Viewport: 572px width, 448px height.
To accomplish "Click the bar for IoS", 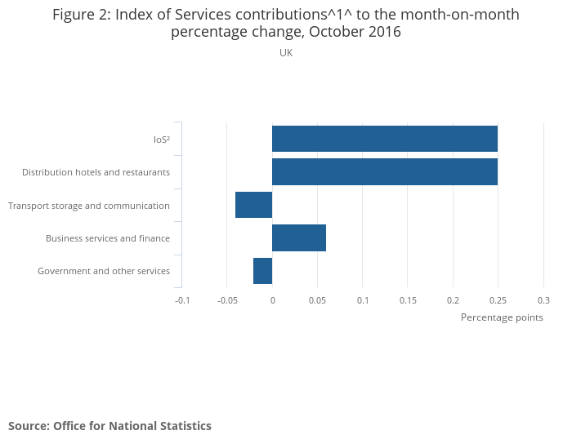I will [385, 139].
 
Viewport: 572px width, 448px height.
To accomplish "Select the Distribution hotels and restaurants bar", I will [385, 172].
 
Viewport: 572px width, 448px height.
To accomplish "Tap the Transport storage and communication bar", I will [253, 205].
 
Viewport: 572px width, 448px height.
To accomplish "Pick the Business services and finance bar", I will [299, 238].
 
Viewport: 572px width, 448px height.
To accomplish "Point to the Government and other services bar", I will [262, 271].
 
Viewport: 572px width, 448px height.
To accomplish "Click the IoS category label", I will [162, 140].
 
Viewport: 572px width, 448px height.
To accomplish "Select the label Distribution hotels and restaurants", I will [96, 172].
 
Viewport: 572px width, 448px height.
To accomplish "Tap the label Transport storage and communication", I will [89, 206].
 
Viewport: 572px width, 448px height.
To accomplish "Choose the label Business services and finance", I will [108, 238].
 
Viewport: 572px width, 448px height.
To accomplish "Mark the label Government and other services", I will [104, 271].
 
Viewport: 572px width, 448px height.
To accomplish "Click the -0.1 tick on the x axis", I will [182, 300].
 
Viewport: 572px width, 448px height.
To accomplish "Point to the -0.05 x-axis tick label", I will [226, 300].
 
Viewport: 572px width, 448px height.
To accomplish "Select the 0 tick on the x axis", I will [272, 300].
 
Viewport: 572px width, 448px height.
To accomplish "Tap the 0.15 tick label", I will [408, 300].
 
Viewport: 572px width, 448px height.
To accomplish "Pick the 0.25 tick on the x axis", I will [498, 300].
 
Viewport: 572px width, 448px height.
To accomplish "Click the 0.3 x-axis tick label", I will [543, 300].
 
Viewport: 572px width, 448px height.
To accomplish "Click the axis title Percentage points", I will [502, 317].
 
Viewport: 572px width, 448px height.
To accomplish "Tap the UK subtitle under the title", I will [286, 53].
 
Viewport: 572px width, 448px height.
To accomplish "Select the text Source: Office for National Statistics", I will [109, 426].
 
